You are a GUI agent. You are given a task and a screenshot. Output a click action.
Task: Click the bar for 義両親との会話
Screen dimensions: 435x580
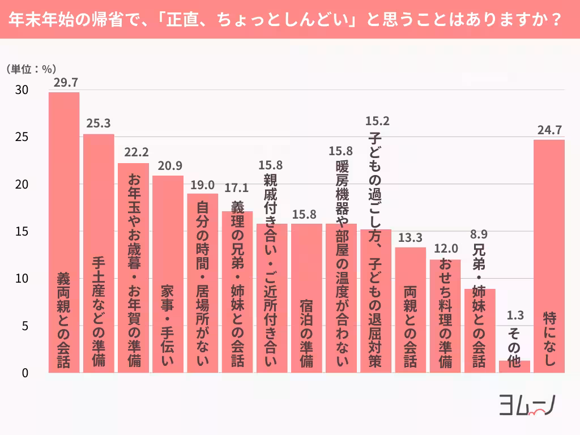pyautogui.click(x=64, y=232)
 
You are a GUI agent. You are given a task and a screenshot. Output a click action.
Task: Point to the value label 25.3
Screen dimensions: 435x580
pyautogui.click(x=99, y=123)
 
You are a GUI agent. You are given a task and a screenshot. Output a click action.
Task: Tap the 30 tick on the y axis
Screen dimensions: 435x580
pyautogui.click(x=22, y=91)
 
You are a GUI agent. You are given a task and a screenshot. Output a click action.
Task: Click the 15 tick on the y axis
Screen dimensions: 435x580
pyautogui.click(x=22, y=232)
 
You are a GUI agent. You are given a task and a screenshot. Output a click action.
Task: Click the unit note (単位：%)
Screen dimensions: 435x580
pyautogui.click(x=31, y=69)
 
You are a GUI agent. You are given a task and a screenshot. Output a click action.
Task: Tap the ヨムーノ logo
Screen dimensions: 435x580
pyautogui.click(x=526, y=406)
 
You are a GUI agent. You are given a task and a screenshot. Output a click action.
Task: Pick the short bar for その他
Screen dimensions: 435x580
pyautogui.click(x=514, y=366)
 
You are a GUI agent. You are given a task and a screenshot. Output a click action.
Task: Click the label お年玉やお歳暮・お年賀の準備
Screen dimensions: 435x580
pyautogui.click(x=134, y=271)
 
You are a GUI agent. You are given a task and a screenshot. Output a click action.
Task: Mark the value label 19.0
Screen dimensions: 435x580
pyautogui.click(x=203, y=184)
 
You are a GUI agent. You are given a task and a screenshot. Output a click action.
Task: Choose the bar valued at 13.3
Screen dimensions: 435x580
pyautogui.click(x=411, y=310)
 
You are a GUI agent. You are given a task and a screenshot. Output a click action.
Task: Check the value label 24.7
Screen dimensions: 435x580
pyautogui.click(x=549, y=129)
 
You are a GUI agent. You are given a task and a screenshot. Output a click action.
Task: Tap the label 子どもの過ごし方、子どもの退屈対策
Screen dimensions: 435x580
pyautogui.click(x=376, y=249)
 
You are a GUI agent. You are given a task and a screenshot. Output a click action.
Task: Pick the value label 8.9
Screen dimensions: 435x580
pyautogui.click(x=480, y=234)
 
